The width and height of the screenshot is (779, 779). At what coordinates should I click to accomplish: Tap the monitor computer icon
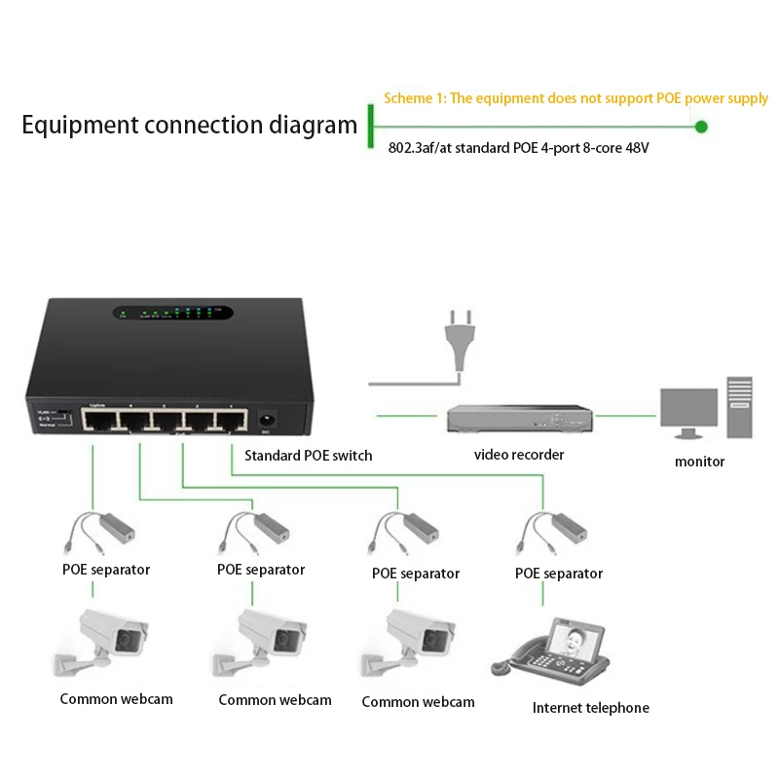pyautogui.click(x=705, y=409)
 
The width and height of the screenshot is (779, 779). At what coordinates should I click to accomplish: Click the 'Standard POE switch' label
pyautogui.click(x=308, y=455)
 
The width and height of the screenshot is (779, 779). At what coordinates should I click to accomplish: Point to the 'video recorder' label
pyautogui.click(x=519, y=455)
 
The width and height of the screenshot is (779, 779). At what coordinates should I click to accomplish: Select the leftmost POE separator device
pyautogui.click(x=103, y=531)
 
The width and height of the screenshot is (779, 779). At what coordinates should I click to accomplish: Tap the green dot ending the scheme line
pyautogui.click(x=701, y=127)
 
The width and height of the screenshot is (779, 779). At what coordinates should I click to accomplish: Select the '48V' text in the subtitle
pyautogui.click(x=634, y=148)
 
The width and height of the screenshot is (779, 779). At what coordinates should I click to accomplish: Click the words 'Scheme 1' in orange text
pyautogui.click(x=415, y=98)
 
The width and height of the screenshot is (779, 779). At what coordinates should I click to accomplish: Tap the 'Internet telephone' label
pyautogui.click(x=590, y=708)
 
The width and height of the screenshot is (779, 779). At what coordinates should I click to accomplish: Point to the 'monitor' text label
pyautogui.click(x=699, y=462)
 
